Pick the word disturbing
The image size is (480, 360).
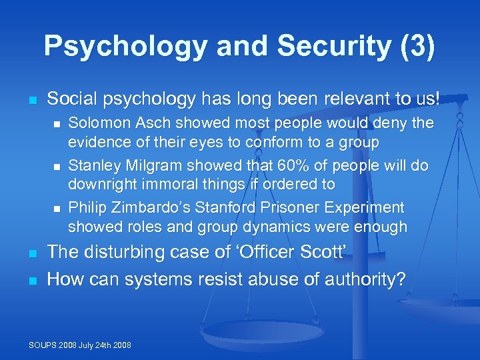(x=125, y=252)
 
